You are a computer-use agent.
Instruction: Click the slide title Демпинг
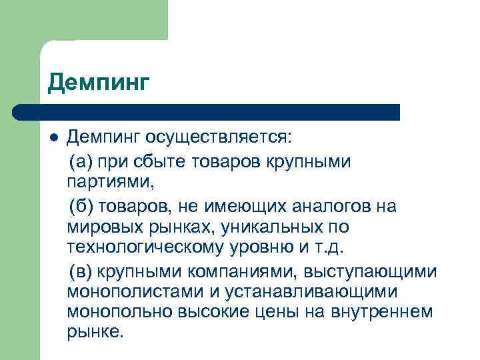(99, 83)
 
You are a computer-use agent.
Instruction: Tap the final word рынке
(95, 332)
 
